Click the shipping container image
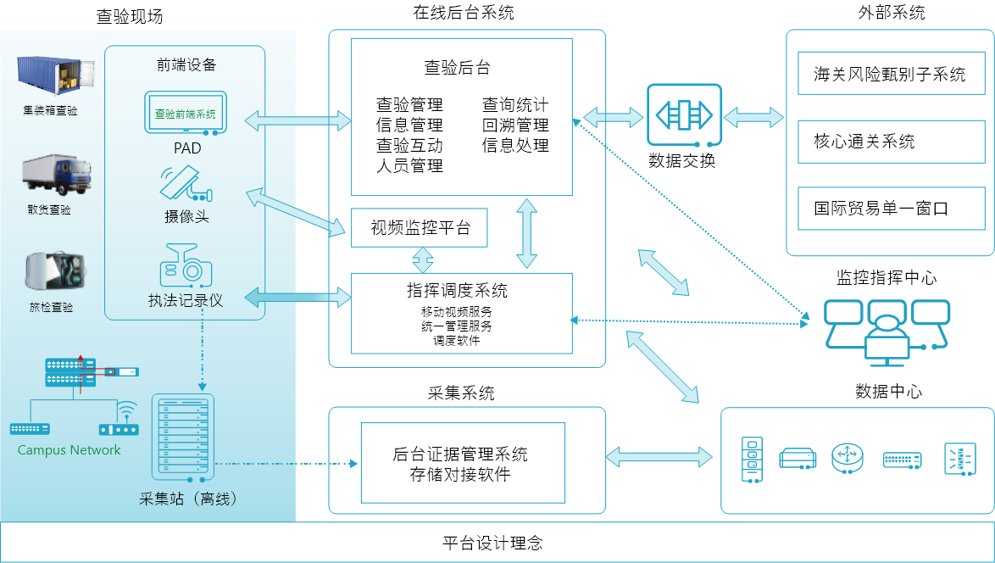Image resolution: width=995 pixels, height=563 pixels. [x=50, y=75]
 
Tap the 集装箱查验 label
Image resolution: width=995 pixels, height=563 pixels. [x=50, y=111]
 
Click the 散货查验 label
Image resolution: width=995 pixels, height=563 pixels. [x=50, y=210]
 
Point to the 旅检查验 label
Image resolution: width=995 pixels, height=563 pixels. [x=51, y=307]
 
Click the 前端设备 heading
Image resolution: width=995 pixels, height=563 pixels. [x=186, y=65]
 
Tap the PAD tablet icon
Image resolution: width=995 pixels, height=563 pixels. [x=186, y=114]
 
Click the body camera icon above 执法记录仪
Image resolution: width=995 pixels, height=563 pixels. [x=186, y=265]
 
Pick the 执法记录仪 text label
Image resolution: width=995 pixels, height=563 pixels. [x=186, y=300]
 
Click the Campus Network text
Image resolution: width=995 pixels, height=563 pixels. [x=69, y=450]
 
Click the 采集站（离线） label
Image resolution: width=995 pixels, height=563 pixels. [x=187, y=499]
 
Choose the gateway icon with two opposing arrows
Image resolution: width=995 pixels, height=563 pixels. [x=685, y=114]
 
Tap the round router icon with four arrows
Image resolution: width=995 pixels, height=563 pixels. [x=846, y=458]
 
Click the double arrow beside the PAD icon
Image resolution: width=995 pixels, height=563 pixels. [x=297, y=120]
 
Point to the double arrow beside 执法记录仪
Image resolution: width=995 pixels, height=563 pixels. [x=297, y=297]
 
